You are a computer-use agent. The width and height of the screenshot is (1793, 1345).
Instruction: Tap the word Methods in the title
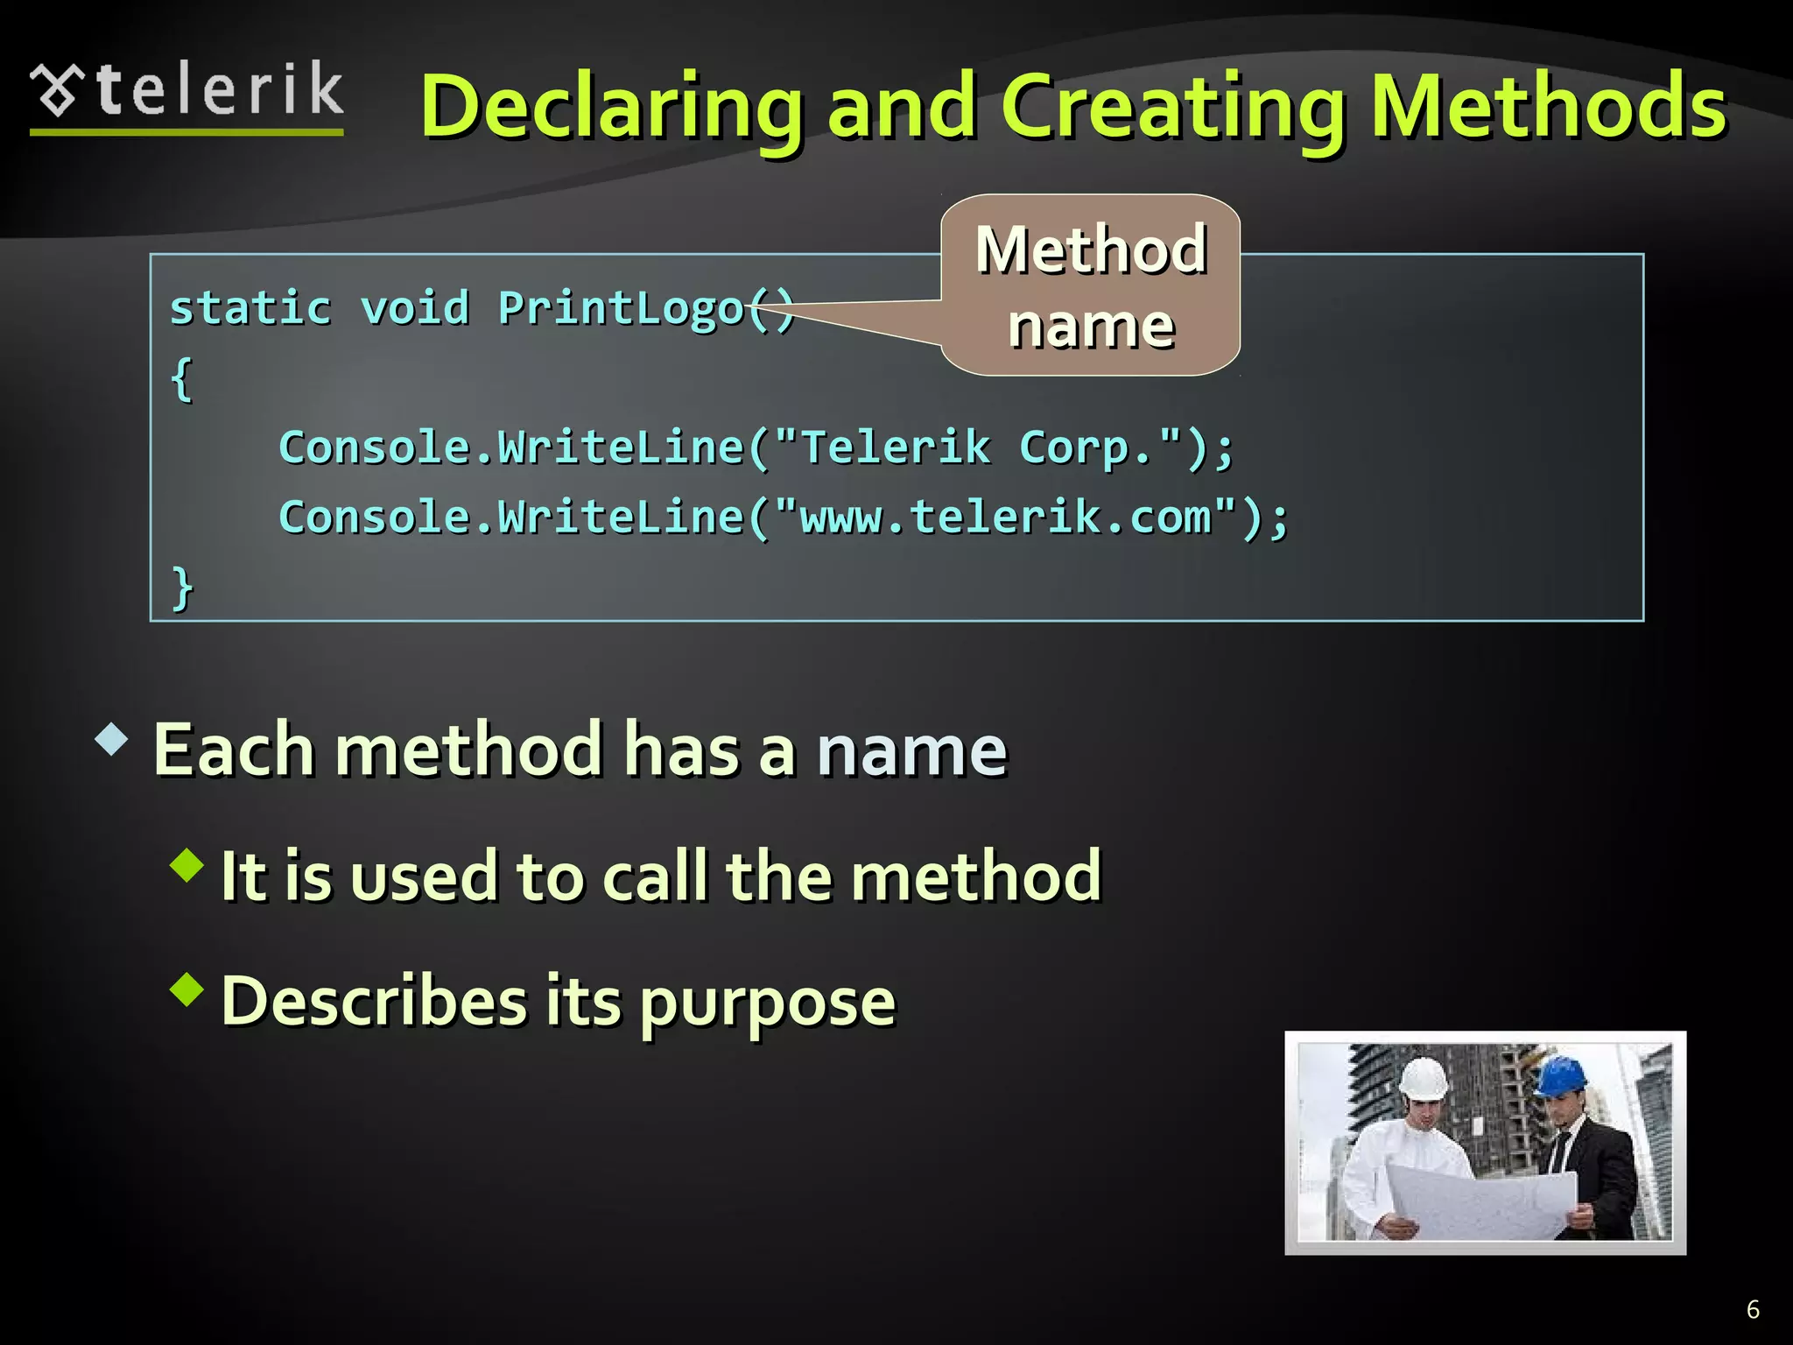pos(1547,107)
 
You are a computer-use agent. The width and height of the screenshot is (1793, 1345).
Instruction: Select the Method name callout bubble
pos(1091,285)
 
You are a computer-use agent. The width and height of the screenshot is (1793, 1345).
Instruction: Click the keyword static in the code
pos(250,308)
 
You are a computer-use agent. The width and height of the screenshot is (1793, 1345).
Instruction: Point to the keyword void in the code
pos(415,308)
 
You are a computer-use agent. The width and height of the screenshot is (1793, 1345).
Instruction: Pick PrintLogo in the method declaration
pos(621,308)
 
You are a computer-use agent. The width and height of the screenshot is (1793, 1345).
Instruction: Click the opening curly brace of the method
pos(181,379)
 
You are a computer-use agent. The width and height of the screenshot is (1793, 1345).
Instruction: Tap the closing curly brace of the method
pos(181,588)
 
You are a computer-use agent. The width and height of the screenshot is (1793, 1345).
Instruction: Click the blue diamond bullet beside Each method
pos(112,739)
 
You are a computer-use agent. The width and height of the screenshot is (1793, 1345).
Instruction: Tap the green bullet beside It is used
pos(187,865)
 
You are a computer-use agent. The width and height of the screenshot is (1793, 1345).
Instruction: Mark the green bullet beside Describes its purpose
pos(187,990)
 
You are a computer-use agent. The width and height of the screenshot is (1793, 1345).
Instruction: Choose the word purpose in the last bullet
pos(767,1003)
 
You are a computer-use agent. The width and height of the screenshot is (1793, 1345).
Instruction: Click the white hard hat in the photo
pos(1423,1079)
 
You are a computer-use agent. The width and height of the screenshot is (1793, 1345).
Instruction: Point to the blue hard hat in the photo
pos(1561,1076)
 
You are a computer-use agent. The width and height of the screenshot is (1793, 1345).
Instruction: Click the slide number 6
pos(1753,1309)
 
